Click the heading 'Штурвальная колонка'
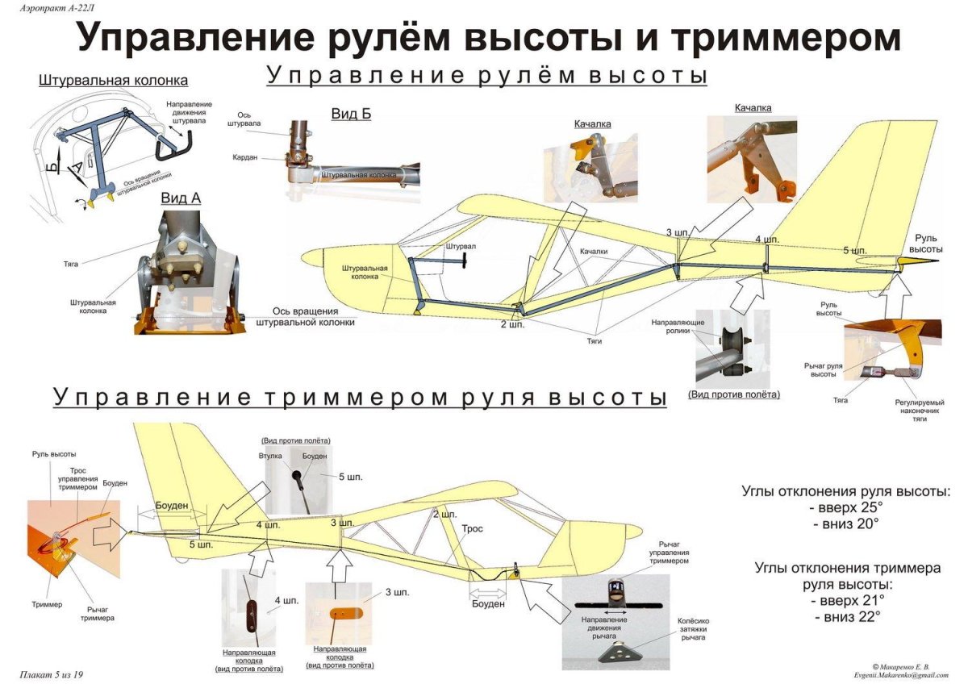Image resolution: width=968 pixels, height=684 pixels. point(113,81)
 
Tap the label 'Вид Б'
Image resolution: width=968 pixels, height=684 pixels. point(351,114)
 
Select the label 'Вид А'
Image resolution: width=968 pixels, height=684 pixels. point(180,198)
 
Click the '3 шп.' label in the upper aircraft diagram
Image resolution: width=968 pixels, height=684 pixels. point(678,232)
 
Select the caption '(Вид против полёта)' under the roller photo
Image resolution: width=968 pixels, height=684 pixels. point(734,394)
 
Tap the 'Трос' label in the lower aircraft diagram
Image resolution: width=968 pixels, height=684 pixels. point(472,529)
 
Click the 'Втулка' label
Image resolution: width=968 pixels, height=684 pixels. point(270,457)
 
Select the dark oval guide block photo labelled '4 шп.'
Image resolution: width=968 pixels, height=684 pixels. point(251,618)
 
